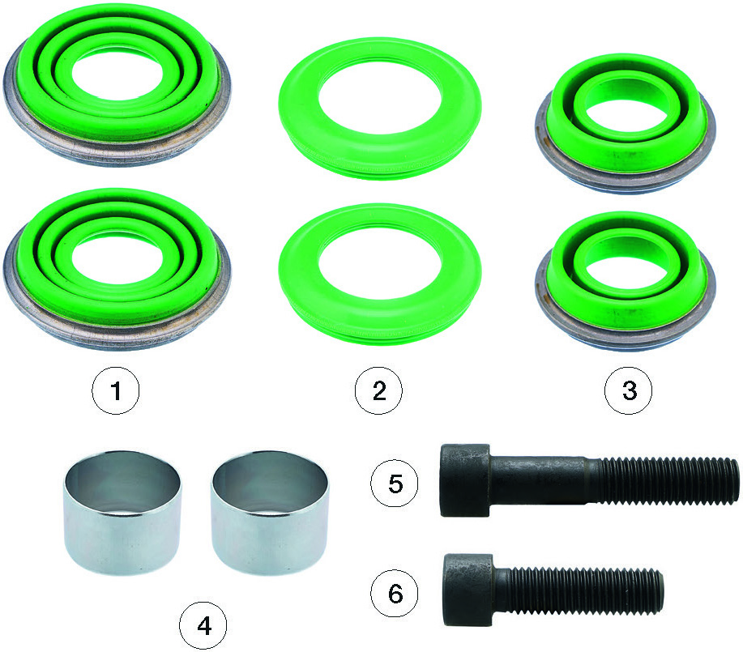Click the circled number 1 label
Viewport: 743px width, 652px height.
click(x=116, y=391)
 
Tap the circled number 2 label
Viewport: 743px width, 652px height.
click(x=378, y=391)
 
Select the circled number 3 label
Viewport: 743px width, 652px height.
click(x=628, y=391)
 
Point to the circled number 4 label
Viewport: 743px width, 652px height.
click(x=203, y=626)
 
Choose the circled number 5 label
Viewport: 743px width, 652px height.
click(x=395, y=484)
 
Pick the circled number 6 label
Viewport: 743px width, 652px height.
click(x=395, y=593)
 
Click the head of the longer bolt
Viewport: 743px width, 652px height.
click(x=465, y=480)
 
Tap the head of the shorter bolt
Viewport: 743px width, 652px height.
click(x=468, y=590)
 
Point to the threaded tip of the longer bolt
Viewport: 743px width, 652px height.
click(x=732, y=481)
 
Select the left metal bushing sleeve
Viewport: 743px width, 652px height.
click(x=122, y=513)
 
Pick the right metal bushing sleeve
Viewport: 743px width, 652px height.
click(x=270, y=513)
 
